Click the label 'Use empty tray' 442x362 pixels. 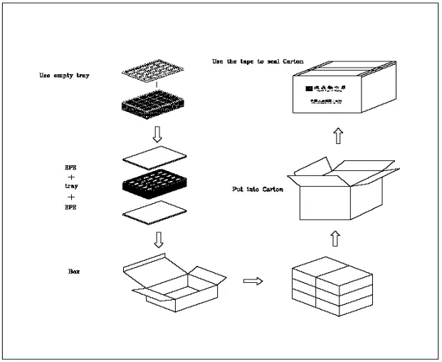[59, 75]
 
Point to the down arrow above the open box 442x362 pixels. [159, 240]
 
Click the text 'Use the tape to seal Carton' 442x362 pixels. [257, 61]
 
